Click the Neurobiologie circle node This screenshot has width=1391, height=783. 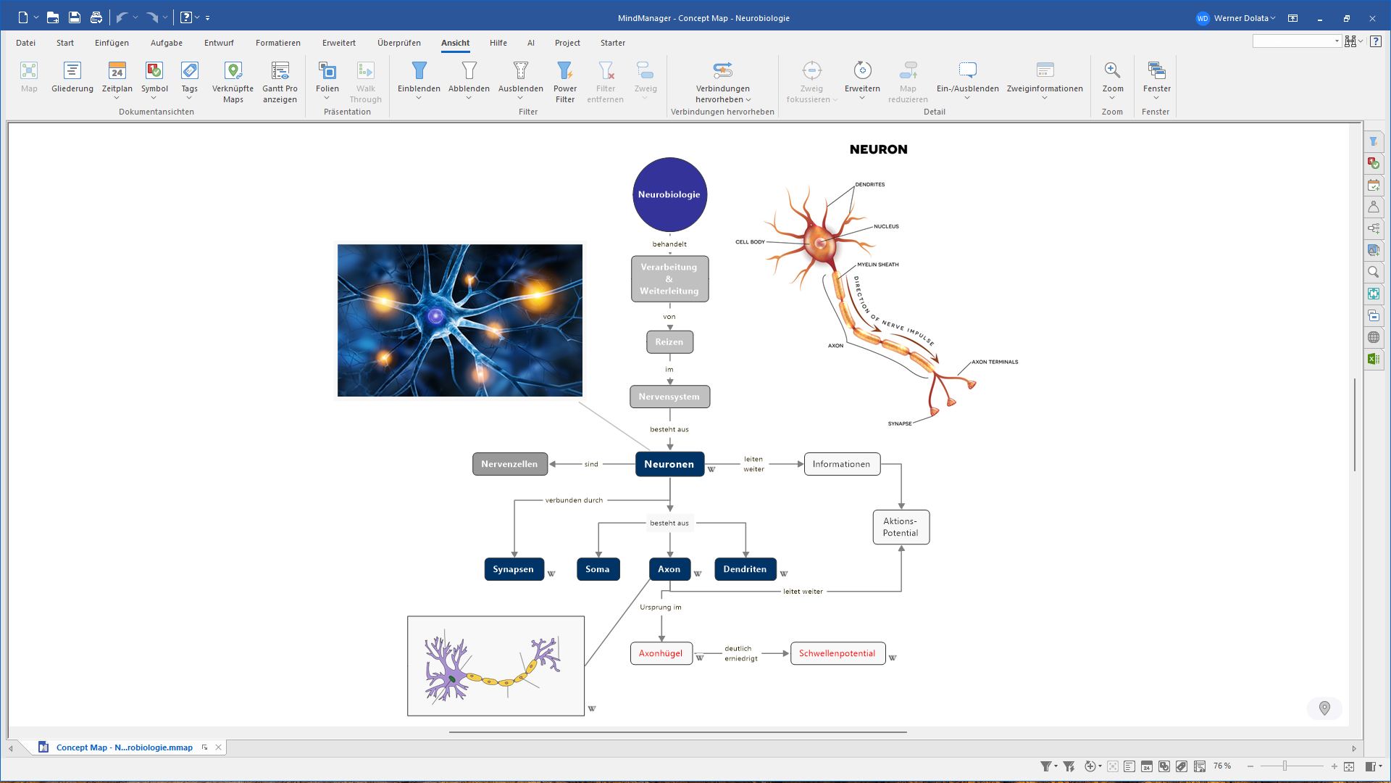click(x=669, y=194)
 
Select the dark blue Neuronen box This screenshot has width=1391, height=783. click(x=669, y=464)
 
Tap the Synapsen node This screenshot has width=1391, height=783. click(x=514, y=569)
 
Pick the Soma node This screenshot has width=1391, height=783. click(x=598, y=569)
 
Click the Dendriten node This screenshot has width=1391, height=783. click(x=745, y=569)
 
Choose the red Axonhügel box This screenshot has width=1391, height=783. click(x=661, y=653)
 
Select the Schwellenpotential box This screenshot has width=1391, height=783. click(x=837, y=653)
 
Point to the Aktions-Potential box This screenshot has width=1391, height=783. click(x=901, y=527)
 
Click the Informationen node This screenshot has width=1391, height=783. click(x=842, y=464)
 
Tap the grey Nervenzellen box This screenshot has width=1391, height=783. click(x=509, y=464)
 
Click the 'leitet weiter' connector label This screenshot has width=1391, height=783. click(x=803, y=592)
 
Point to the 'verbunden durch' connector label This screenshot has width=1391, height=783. click(x=574, y=500)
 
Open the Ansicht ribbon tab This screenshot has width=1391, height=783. click(x=456, y=43)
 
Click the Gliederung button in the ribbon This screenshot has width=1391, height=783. click(x=72, y=78)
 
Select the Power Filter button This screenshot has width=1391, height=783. click(x=565, y=82)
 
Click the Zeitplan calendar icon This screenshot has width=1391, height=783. click(x=117, y=70)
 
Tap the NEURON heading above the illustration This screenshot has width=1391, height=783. click(x=878, y=149)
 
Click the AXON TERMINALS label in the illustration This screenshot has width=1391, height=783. click(x=995, y=362)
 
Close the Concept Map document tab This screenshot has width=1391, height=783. click(x=218, y=747)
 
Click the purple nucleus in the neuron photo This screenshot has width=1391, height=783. click(x=435, y=315)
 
